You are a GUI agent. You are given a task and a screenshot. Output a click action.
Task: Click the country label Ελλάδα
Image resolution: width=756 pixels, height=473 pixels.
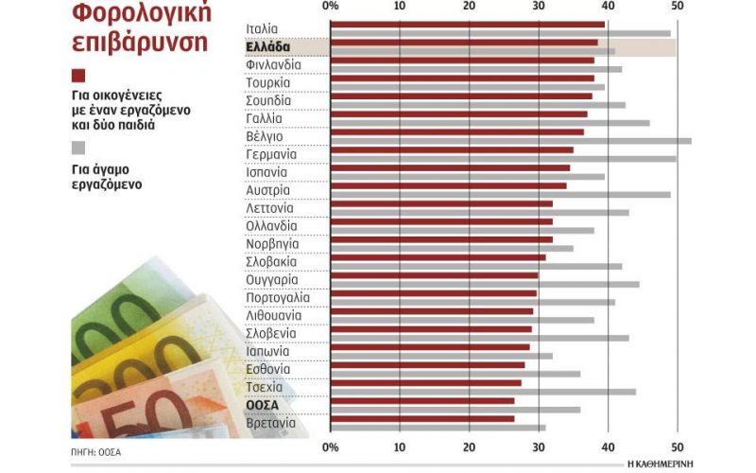pyautogui.click(x=268, y=46)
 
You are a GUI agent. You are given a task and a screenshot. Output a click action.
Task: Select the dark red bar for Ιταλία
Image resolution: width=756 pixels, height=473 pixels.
pyautogui.click(x=468, y=24)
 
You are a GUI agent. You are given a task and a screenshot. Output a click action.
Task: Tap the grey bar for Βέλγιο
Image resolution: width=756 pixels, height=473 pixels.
pyautogui.click(x=510, y=140)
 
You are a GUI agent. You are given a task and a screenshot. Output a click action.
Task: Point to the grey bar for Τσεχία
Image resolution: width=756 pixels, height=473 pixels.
pyautogui.click(x=482, y=392)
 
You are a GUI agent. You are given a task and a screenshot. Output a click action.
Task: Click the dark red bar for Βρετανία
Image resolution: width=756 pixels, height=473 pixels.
pyautogui.click(x=422, y=418)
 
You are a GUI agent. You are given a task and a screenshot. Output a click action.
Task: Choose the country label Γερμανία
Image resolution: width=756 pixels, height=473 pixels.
pyautogui.click(x=271, y=153)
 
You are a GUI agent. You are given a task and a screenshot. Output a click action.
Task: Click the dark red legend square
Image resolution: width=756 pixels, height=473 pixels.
pyautogui.click(x=78, y=76)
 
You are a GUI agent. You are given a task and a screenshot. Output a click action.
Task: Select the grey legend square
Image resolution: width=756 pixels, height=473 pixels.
pyautogui.click(x=78, y=148)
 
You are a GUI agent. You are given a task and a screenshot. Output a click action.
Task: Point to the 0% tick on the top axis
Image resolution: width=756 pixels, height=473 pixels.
pyautogui.click(x=331, y=7)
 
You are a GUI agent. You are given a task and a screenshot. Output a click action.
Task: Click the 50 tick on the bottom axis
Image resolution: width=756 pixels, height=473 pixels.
pyautogui.click(x=677, y=446)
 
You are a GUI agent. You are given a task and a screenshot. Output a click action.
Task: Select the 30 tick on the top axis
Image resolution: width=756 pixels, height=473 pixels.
pyautogui.click(x=539, y=7)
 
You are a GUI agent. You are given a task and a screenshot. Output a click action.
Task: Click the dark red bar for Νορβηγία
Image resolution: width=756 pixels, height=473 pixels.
pyautogui.click(x=441, y=239)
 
